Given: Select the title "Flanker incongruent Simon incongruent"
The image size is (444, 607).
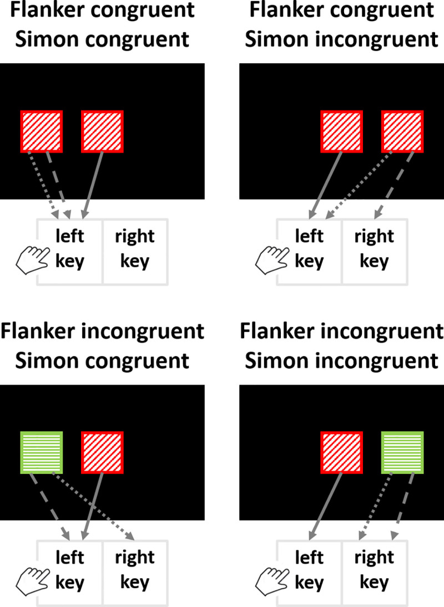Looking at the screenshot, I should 341,346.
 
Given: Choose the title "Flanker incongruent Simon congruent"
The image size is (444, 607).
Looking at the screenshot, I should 102,346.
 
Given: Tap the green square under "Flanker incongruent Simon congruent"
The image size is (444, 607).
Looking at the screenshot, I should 42,452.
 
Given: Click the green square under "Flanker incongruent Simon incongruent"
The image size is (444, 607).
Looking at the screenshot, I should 402,452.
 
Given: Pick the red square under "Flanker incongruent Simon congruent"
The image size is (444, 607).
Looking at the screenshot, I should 102,452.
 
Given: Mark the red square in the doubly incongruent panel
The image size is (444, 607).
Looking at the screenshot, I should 342,452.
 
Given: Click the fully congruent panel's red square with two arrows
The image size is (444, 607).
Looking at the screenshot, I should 42,131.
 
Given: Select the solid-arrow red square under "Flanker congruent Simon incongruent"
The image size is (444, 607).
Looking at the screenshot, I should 342,131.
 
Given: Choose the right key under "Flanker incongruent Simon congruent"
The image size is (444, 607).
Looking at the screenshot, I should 134,570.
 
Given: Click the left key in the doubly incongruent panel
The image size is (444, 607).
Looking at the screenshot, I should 309,570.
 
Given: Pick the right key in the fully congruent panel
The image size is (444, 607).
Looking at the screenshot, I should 134,249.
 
